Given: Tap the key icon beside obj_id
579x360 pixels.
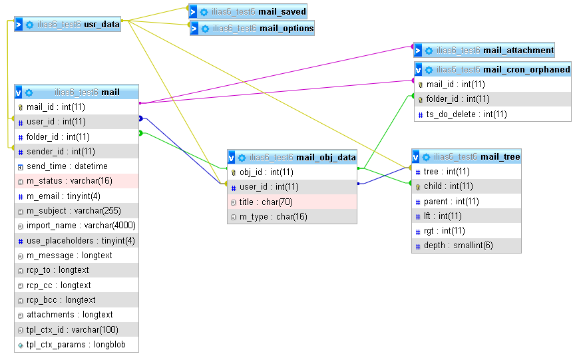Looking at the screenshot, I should pyautogui.click(x=234, y=172).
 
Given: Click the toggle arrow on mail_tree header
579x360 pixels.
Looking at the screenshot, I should pyautogui.click(x=417, y=157).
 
